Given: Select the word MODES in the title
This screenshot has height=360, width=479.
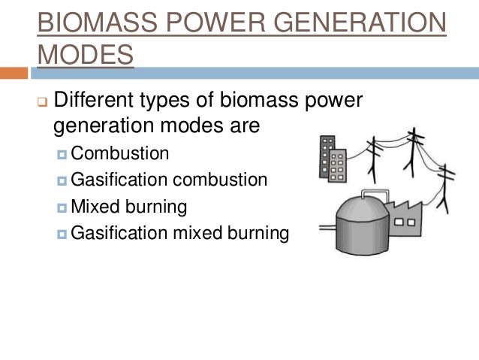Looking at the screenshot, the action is point(86,53).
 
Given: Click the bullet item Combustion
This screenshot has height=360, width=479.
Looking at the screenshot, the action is point(120,153).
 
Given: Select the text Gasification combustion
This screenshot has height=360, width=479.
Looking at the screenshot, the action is point(169,180).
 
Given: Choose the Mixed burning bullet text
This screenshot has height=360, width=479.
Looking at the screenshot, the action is point(128,206).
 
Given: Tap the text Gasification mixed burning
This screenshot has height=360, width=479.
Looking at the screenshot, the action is point(179,232).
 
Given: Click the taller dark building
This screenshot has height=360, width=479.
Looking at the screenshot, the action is point(327,158).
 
